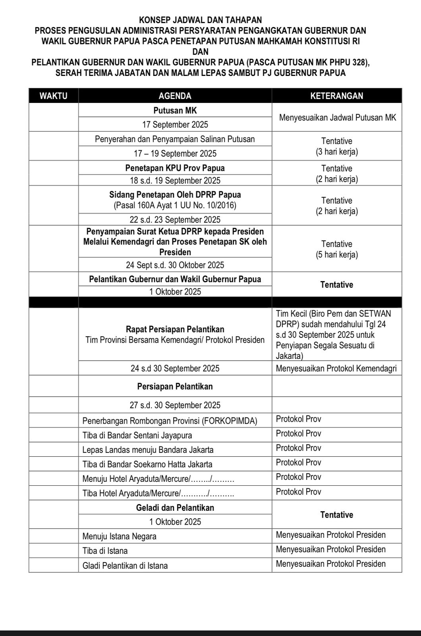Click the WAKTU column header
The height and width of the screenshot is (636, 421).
[54, 96]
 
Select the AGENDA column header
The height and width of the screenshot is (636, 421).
[175, 96]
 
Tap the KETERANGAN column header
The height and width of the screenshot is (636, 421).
[336, 96]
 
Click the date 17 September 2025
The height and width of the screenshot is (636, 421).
[175, 125]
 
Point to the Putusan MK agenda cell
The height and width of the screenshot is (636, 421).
[175, 111]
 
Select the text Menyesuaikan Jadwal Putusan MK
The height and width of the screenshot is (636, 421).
[338, 118]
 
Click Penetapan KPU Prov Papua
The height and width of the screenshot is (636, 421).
[175, 168]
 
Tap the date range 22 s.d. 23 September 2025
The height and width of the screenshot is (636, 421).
[175, 220]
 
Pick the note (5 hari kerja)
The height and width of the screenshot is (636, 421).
[337, 255]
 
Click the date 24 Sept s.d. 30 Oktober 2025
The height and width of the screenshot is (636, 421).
[175, 265]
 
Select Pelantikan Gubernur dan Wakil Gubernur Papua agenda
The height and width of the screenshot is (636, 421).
[175, 279]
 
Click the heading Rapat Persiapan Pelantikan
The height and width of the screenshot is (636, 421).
[175, 329]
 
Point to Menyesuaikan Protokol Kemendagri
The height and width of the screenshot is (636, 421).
[336, 368]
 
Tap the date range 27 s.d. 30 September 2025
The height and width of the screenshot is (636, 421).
[175, 405]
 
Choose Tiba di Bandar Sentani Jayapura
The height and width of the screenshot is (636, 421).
[137, 435]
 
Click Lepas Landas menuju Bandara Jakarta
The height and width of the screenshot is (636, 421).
[148, 450]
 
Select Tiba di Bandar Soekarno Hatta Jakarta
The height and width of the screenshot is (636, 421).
[147, 464]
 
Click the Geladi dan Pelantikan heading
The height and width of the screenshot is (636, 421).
[175, 508]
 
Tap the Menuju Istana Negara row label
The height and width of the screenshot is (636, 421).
[119, 537]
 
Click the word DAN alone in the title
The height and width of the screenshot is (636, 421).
[200, 52]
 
